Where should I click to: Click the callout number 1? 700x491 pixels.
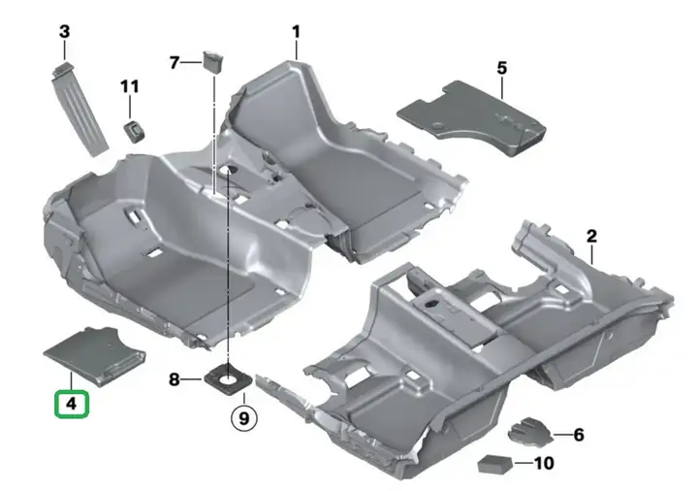click(x=296, y=32)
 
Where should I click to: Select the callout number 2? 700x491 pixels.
click(x=591, y=236)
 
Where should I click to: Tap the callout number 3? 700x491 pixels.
click(x=65, y=32)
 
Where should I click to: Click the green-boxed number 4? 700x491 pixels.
click(x=72, y=404)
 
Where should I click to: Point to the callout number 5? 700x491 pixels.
click(x=502, y=68)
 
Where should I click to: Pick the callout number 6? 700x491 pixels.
click(x=579, y=435)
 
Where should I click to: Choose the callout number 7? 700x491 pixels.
click(x=175, y=62)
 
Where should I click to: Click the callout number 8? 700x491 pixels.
click(x=175, y=379)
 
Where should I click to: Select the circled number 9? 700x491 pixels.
click(x=243, y=418)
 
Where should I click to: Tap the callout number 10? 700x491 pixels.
click(x=544, y=463)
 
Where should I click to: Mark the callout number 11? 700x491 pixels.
click(x=130, y=86)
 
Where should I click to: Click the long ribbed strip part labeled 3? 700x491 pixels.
click(x=80, y=110)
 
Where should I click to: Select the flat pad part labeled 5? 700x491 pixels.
click(x=472, y=117)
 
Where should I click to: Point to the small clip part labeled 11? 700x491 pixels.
click(x=135, y=132)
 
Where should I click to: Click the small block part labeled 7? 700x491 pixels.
click(x=213, y=62)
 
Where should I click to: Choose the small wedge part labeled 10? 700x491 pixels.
click(x=495, y=464)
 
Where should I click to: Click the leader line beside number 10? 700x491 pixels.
click(x=524, y=463)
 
